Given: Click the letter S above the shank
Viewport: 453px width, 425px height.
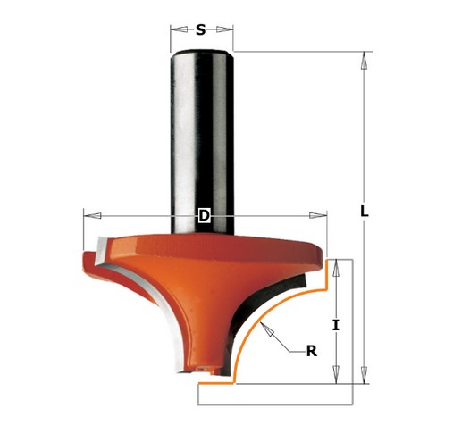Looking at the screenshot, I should pyautogui.click(x=201, y=29).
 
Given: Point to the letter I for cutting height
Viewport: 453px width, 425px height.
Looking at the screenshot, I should pyautogui.click(x=335, y=325).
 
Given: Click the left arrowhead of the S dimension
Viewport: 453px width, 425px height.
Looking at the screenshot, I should pyautogui.click(x=173, y=29).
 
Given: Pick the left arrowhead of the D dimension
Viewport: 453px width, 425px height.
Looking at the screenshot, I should pyautogui.click(x=86, y=215).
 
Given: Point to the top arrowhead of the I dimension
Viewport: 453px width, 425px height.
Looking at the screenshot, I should pyautogui.click(x=335, y=265).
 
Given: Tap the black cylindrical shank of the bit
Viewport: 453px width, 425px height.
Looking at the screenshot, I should pyautogui.click(x=202, y=134).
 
